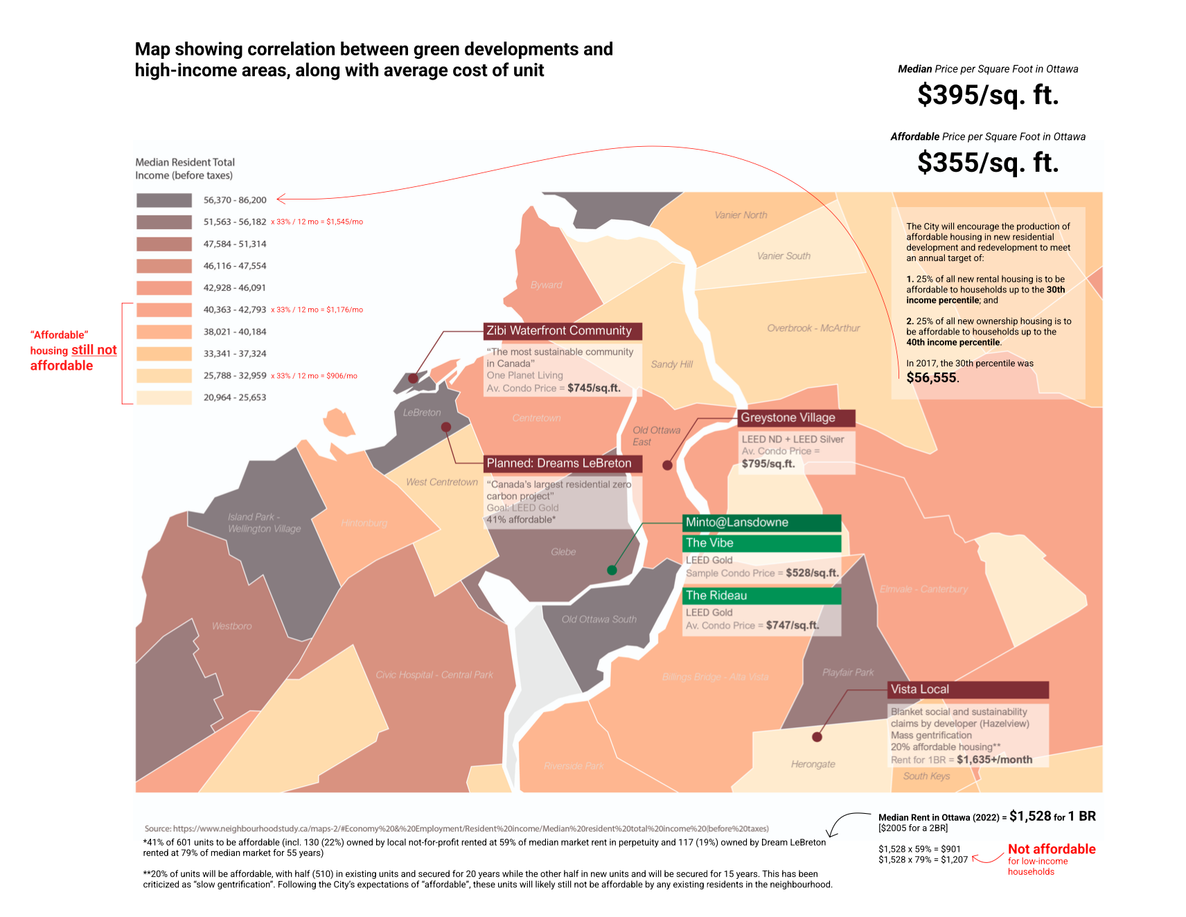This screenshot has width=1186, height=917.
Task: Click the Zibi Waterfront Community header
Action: coord(563,331)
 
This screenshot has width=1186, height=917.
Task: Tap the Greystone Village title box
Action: coord(796,418)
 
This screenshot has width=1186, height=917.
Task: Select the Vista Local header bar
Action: coord(968,690)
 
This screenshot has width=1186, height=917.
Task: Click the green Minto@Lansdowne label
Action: coord(761,523)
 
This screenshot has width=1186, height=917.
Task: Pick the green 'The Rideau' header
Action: coord(761,596)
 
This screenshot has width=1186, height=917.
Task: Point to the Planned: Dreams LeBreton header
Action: coord(563,463)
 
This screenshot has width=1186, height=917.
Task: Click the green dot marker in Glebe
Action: coord(612,570)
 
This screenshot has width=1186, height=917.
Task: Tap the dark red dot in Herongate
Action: coord(817,737)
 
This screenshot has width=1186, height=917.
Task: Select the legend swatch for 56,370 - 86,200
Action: coord(164,200)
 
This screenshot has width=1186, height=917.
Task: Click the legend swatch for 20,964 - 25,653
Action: coord(164,398)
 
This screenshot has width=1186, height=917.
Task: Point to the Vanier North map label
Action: coord(741,215)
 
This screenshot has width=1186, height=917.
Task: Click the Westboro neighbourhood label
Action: coord(232,626)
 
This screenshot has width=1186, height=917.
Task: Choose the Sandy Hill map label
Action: coord(671,364)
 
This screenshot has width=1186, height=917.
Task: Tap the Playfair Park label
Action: coord(848,673)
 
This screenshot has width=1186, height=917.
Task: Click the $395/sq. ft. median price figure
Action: coord(988,95)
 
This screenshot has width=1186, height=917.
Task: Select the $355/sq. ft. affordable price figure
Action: coord(988,163)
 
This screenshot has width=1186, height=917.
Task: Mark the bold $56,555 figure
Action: coord(932,377)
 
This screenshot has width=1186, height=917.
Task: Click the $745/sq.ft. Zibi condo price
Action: coord(594,388)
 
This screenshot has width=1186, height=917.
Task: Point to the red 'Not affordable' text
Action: coord(1051,849)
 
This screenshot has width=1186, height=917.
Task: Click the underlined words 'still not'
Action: coord(94,350)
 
